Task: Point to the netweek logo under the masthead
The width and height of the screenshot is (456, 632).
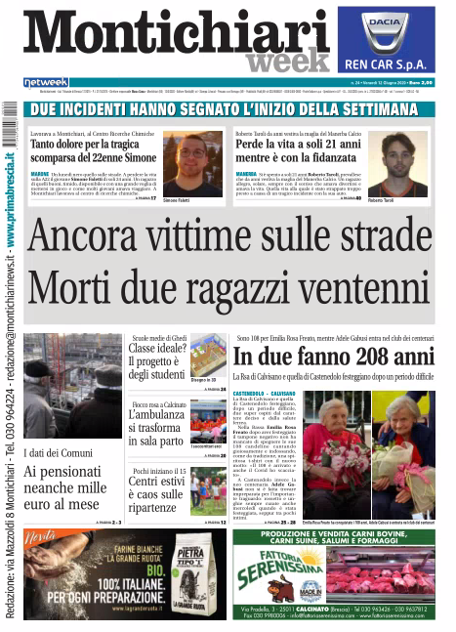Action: coord(46,81)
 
